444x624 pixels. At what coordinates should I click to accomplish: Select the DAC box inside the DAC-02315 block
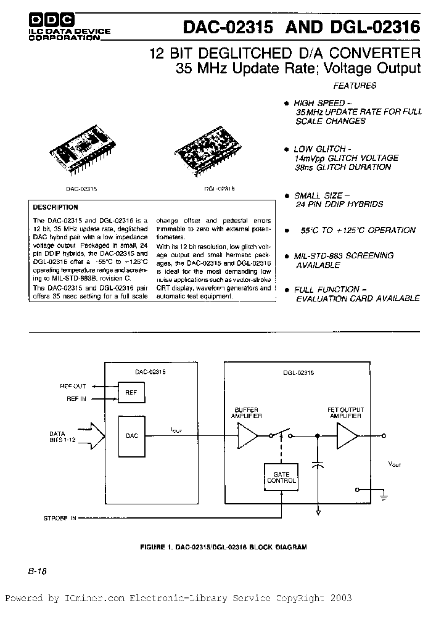pyautogui.click(x=131, y=436)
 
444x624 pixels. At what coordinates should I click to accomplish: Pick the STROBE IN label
pyautogui.click(x=59, y=519)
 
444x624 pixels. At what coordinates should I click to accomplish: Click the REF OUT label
pyautogui.click(x=73, y=385)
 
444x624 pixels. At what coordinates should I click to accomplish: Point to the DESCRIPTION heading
pyautogui.click(x=55, y=208)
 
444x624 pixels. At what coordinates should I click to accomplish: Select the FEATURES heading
pyautogui.click(x=355, y=86)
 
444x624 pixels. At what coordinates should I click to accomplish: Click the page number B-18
pyautogui.click(x=38, y=571)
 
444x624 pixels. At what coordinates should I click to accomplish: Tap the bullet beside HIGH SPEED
pyautogui.click(x=286, y=103)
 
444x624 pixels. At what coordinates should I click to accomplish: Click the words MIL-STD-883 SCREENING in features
pyautogui.click(x=343, y=255)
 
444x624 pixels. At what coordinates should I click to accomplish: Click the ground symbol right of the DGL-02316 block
pyautogui.click(x=383, y=493)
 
